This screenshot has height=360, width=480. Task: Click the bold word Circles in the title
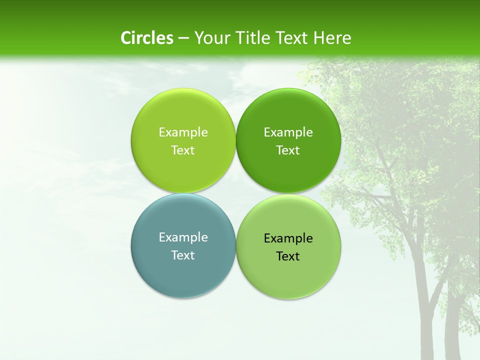tap(146, 38)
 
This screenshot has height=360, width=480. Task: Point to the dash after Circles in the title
tap(183, 38)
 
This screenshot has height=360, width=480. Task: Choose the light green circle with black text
tap(288, 275)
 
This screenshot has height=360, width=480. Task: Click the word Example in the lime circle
tap(183, 132)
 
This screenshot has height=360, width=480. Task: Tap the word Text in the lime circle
tap(183, 150)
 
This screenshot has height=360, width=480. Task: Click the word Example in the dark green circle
tap(288, 132)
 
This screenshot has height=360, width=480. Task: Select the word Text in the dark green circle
tap(288, 150)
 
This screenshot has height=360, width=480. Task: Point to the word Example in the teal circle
tap(183, 237)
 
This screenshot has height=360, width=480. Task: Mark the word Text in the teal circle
tap(183, 255)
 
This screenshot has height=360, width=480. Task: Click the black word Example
tap(288, 238)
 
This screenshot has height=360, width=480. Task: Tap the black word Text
tap(288, 256)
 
